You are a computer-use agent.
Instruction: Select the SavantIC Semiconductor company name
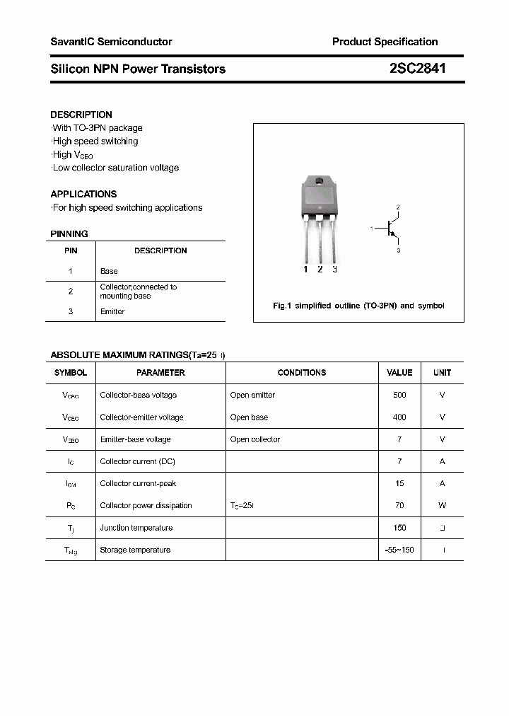pyautogui.click(x=111, y=42)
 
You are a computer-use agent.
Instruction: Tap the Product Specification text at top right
pyautogui.click(x=385, y=42)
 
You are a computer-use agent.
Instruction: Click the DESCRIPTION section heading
pyautogui.click(x=81, y=115)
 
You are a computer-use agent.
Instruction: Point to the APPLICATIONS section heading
pyautogui.click(x=83, y=194)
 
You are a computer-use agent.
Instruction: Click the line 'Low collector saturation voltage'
pyautogui.click(x=115, y=168)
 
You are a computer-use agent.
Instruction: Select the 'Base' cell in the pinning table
pyautogui.click(x=109, y=271)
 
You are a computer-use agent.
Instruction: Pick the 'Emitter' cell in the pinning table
pyautogui.click(x=112, y=311)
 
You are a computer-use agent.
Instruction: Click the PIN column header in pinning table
pyautogui.click(x=71, y=250)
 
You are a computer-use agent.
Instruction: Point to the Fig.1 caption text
pyautogui.click(x=358, y=306)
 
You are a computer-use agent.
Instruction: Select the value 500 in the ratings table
pyautogui.click(x=399, y=395)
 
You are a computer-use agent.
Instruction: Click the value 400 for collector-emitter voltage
pyautogui.click(x=399, y=417)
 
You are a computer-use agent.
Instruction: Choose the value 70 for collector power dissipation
pyautogui.click(x=399, y=506)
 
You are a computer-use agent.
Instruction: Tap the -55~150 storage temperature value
pyautogui.click(x=399, y=550)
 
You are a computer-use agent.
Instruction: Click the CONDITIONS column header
pyautogui.click(x=302, y=372)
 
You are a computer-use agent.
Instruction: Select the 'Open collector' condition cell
pyautogui.click(x=255, y=439)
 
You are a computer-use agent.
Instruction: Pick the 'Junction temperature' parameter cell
pyautogui.click(x=136, y=528)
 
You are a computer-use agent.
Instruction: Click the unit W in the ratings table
pyautogui.click(x=443, y=506)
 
